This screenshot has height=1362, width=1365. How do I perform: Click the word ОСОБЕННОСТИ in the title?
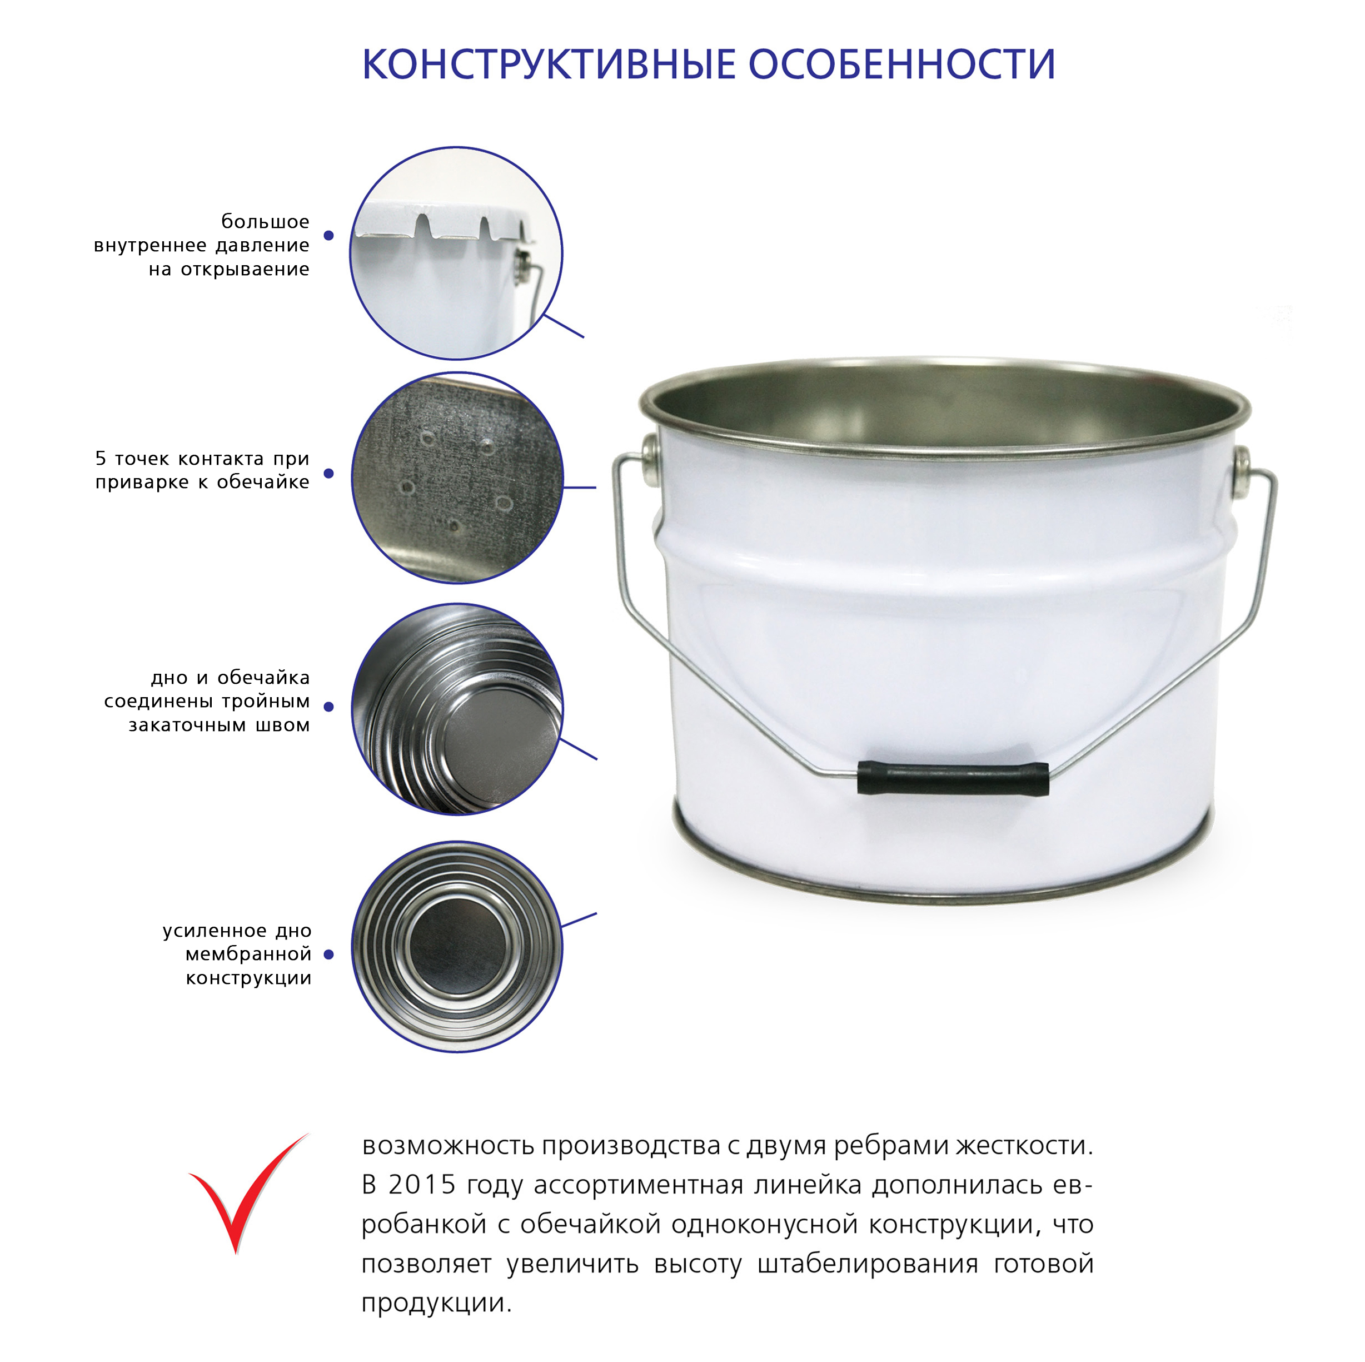[902, 65]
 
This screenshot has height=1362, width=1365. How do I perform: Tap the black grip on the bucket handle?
[953, 778]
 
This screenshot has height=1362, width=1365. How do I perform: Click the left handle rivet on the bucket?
[649, 449]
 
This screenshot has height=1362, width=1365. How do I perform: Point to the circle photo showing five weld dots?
[457, 478]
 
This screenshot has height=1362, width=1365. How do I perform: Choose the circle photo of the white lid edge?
[456, 253]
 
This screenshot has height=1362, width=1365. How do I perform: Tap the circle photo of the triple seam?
[457, 709]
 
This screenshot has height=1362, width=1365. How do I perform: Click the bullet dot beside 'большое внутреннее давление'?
[328, 235]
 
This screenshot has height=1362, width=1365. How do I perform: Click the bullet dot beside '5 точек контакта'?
[328, 474]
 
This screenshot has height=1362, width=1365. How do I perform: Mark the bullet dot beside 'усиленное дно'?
[328, 954]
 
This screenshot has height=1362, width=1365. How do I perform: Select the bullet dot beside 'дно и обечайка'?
[328, 706]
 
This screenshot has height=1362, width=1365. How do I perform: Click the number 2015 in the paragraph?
[422, 1185]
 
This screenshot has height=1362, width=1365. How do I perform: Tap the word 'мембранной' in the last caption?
[248, 954]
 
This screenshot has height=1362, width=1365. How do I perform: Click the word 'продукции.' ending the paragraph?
[436, 1303]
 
